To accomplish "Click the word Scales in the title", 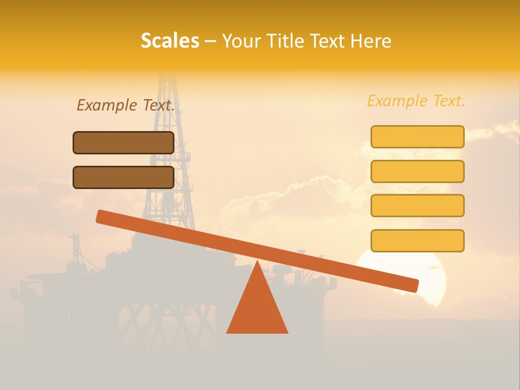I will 170,41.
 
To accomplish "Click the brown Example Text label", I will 126,105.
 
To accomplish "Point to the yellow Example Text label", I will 416,101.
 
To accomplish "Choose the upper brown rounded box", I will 123,142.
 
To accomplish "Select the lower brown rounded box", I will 123,177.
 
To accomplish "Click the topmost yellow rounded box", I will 417,136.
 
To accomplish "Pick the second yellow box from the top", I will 417,171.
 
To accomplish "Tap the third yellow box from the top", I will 417,206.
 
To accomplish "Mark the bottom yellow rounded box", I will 417,240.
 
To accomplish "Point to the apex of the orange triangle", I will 257,263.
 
